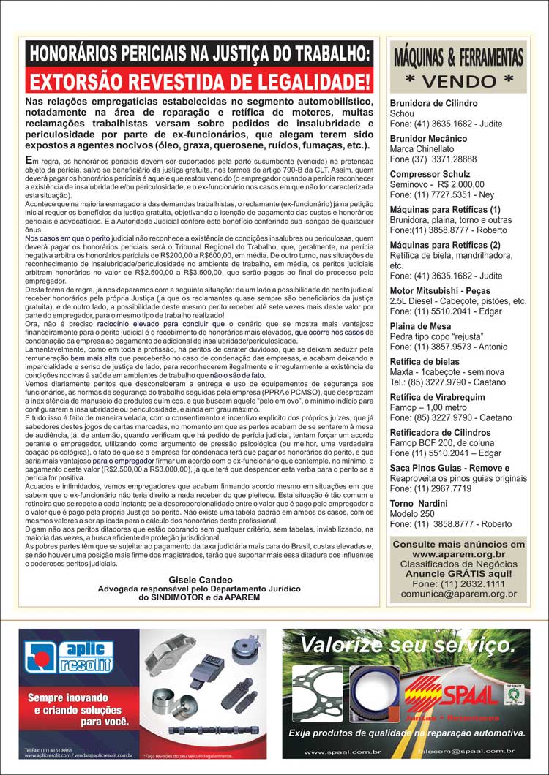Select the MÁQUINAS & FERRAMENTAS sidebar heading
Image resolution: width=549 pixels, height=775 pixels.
[459, 57]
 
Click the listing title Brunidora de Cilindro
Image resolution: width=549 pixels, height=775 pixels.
[433, 104]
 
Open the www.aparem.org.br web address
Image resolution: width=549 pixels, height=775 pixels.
[458, 555]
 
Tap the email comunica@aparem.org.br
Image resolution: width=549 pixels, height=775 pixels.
[458, 595]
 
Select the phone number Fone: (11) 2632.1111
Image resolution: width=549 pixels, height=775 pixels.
[458, 585]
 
